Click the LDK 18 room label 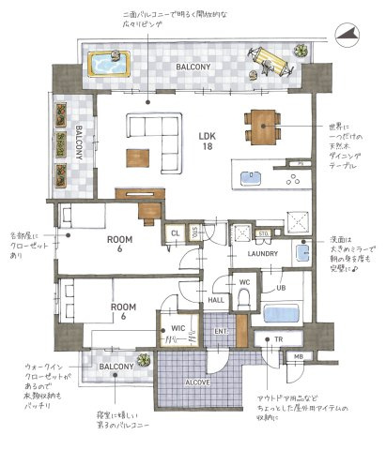(208, 142)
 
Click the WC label (243, 281)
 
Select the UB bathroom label (281, 288)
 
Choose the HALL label (215, 300)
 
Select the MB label (299, 357)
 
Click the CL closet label (175, 233)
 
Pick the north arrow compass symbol (347, 34)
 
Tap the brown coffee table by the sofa (139, 157)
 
